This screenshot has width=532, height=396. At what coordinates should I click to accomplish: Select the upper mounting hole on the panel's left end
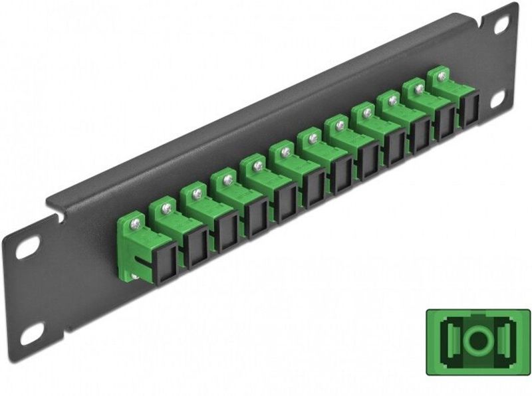click(x=28, y=248)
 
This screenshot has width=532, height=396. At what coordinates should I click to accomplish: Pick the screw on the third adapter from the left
click(x=197, y=193)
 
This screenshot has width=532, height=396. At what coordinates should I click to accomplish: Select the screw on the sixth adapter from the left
click(x=285, y=152)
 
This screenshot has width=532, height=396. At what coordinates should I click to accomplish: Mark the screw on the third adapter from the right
click(x=392, y=100)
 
